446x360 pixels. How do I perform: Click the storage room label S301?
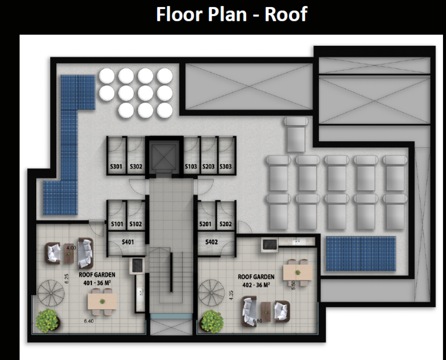(x=116, y=166)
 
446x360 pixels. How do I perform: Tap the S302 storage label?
(x=136, y=166)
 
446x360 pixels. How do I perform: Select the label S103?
(x=191, y=166)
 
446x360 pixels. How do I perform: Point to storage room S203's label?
(x=208, y=166)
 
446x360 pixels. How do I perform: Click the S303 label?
(x=226, y=166)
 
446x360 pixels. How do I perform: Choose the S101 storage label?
(x=117, y=224)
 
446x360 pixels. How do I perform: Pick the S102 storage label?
(x=136, y=224)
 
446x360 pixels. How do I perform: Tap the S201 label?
(x=206, y=224)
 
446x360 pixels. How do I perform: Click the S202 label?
(x=226, y=224)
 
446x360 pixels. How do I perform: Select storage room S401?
(x=128, y=242)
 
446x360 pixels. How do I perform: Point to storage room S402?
(x=212, y=242)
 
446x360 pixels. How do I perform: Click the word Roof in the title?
(x=286, y=14)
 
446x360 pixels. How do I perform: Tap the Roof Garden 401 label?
(x=97, y=278)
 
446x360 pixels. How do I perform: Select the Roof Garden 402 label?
(x=256, y=281)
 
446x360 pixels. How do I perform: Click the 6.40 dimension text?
(x=89, y=321)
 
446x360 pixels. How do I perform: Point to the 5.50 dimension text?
(x=294, y=285)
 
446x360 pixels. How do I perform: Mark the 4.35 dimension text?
(x=231, y=295)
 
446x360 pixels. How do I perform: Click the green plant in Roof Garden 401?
(x=47, y=321)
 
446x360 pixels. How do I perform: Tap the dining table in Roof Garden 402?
(x=297, y=272)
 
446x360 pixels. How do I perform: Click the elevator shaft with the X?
(x=164, y=156)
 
